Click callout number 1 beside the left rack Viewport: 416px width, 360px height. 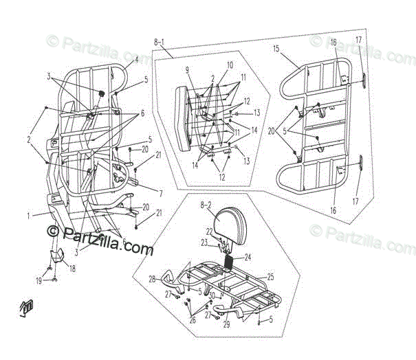pos(29,215)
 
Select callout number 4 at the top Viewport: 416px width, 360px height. pos(136,60)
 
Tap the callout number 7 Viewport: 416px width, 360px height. pos(160,193)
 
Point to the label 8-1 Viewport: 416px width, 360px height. pos(160,43)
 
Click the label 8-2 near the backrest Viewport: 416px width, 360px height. pos(205,205)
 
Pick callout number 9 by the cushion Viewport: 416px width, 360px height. pos(186,70)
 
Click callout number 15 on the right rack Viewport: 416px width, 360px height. pos(276,49)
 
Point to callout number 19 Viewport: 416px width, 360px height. pos(39,281)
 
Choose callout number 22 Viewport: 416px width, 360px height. pos(209,232)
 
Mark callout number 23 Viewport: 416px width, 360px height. pos(204,242)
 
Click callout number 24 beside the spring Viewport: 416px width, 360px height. pos(248,258)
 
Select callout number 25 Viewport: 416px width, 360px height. pos(270,276)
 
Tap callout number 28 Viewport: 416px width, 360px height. pos(153,280)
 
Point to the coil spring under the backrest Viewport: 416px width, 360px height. pos(226,260)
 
